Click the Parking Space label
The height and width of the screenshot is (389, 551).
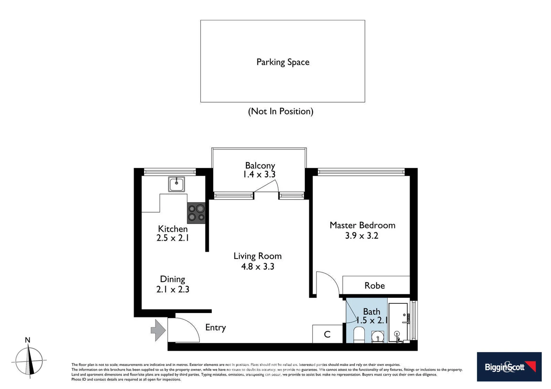[283, 62]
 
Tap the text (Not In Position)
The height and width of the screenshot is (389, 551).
[281, 111]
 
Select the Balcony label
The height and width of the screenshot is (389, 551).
[260, 165]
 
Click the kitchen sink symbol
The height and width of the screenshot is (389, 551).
[176, 184]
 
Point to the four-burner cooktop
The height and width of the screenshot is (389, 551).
[196, 213]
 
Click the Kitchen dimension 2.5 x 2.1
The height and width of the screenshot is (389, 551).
[173, 238]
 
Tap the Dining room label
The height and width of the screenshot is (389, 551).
[172, 279]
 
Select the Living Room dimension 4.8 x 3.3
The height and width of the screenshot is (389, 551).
[257, 267]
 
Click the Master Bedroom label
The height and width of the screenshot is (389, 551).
[362, 225]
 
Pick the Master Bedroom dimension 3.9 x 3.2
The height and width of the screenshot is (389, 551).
[361, 236]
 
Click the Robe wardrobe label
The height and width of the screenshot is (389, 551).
[374, 286]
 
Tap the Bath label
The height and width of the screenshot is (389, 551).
[371, 312]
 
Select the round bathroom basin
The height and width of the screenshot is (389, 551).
[378, 337]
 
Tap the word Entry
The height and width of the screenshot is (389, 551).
[215, 327]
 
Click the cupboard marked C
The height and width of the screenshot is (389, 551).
[327, 334]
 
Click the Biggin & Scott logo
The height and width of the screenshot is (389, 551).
[509, 367]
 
